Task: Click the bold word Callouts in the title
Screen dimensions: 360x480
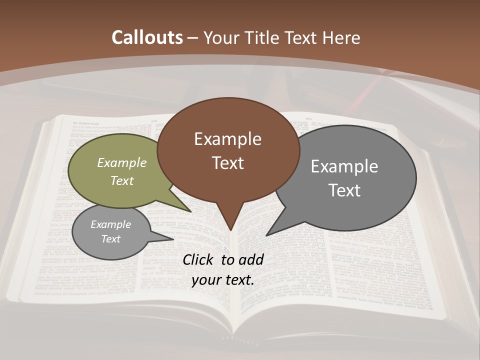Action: [x=147, y=37]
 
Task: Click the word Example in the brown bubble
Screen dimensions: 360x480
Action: [x=227, y=139]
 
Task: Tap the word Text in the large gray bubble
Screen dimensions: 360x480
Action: [x=344, y=190]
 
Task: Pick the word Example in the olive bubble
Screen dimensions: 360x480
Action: [x=122, y=162]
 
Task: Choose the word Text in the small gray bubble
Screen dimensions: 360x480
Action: [x=110, y=239]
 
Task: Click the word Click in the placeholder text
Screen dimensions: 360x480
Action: [x=198, y=259]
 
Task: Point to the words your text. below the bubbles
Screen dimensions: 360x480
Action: [x=223, y=280]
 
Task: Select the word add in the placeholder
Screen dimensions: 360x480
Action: [x=251, y=259]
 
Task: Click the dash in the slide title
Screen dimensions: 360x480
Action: [x=193, y=38]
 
